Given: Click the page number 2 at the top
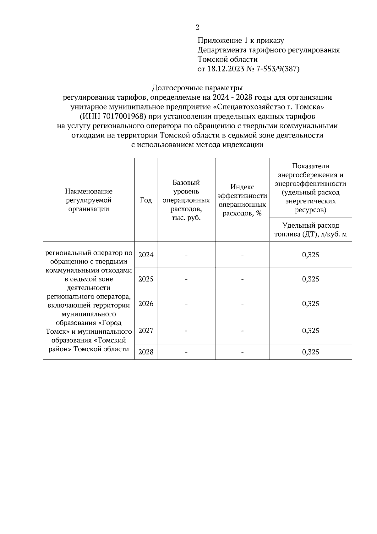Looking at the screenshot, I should tap(197, 27).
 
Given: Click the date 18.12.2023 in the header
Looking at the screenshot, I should tap(226, 69).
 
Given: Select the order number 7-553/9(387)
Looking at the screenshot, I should tap(278, 69).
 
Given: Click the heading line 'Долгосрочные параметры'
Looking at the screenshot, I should tap(197, 88).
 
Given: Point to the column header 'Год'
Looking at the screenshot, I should tap(146, 200).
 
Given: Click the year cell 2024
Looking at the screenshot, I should tap(146, 255).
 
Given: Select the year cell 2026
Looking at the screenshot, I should tap(146, 304).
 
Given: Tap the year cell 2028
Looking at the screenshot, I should tap(146, 352).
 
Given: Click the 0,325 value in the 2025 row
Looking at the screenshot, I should tap(310, 279).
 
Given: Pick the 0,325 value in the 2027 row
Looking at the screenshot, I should tap(310, 331).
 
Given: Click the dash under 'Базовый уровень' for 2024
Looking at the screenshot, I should tap(186, 255).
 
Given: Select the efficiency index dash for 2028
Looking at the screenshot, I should tap(242, 352).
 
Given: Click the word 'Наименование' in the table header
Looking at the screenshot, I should tap(89, 191).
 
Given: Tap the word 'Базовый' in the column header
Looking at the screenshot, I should tap(186, 183).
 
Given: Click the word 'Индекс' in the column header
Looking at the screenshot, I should tap(242, 187).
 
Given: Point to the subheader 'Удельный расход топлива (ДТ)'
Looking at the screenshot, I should tap(310, 230).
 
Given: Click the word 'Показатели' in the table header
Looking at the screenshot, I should tap(310, 166).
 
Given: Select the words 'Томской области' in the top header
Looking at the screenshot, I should tap(227, 59).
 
